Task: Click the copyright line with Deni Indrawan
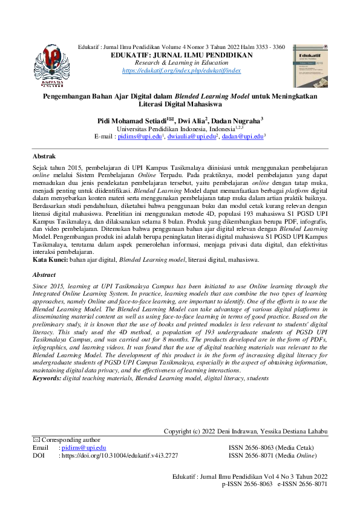pyautogui.click(x=246, y=431)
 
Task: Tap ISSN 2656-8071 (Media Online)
pyautogui.click(x=269, y=455)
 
